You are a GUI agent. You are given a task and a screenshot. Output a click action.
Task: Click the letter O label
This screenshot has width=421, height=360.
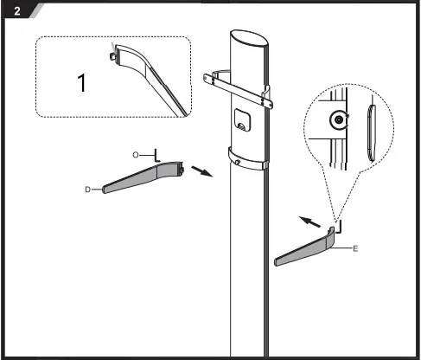pos(137,153)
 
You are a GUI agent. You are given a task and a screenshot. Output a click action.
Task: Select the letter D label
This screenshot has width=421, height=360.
pos(89,188)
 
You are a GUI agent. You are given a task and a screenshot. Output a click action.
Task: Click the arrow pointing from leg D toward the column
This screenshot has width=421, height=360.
pos(200,170)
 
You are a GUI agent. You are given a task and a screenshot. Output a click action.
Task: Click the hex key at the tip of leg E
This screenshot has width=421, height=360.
pos(335,227)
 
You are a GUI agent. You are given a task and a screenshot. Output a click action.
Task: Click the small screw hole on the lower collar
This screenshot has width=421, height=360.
pos(235,157)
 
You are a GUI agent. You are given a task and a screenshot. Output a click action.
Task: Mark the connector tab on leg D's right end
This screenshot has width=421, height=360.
pos(183,168)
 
